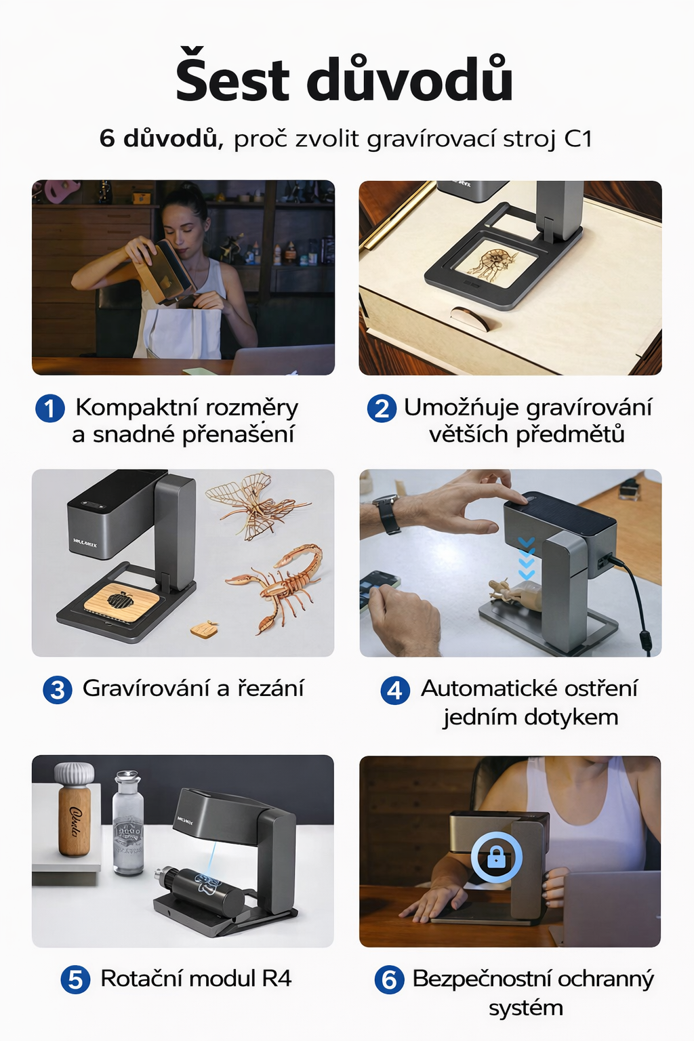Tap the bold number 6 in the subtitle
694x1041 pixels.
(107, 138)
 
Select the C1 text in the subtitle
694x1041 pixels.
(579, 138)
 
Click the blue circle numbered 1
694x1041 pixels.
(50, 409)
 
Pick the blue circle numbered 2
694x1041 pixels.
(382, 409)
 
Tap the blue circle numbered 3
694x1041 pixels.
(58, 690)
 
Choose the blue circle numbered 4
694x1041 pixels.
(395, 690)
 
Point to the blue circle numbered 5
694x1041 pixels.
(75, 979)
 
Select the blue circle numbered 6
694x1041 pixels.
(389, 979)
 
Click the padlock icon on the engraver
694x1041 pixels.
(497, 857)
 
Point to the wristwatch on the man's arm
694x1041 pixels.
(387, 514)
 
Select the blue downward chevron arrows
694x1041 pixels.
(526, 558)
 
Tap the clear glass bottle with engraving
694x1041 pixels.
(128, 823)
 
